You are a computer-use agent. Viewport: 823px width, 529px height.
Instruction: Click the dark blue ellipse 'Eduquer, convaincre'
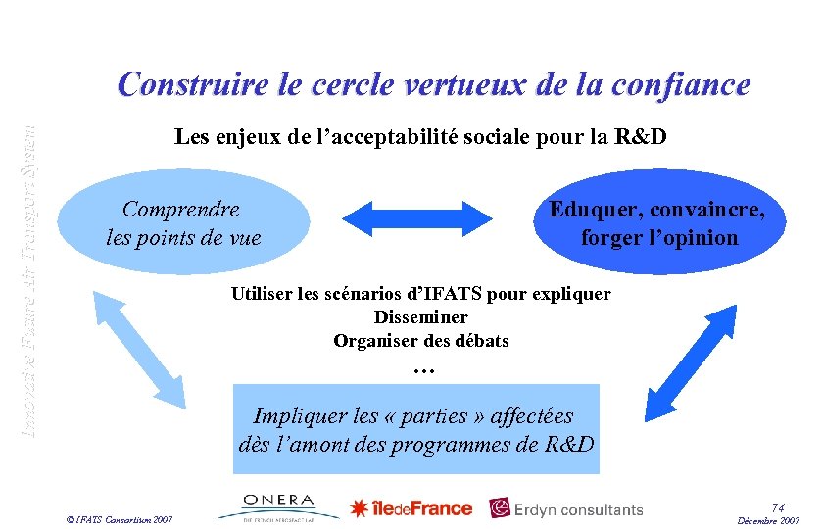658,222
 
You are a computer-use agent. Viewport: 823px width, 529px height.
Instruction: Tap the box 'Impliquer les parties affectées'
415,429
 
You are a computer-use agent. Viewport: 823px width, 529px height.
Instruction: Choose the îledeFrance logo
411,507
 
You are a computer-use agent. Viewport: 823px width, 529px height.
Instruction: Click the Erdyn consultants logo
567,508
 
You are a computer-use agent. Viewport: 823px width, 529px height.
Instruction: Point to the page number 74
777,507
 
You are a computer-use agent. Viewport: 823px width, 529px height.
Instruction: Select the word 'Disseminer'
420,317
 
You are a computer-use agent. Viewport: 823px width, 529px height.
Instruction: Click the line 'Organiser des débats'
420,341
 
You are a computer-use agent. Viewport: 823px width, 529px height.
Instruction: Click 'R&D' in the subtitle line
639,136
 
